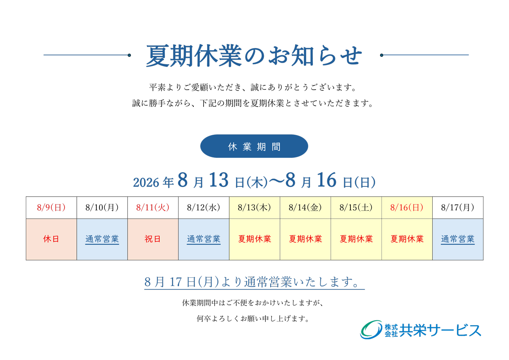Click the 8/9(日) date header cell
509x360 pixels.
(51, 208)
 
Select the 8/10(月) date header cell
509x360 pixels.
(102, 208)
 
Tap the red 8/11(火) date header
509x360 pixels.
(153, 208)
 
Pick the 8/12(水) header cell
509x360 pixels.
(204, 208)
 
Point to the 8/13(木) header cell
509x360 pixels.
(254, 208)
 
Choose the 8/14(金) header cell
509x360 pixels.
(305, 208)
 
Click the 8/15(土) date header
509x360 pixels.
(356, 208)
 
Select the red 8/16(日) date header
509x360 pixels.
(407, 208)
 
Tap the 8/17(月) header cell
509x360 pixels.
(458, 208)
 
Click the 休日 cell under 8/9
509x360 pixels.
(51, 239)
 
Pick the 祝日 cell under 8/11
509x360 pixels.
(153, 239)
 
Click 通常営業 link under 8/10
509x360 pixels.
(102, 239)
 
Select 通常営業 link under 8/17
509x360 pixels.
(458, 239)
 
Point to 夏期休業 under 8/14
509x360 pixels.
(305, 239)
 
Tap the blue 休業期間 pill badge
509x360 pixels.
(254, 146)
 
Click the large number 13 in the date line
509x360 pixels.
(218, 180)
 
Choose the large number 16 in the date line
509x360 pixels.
(327, 180)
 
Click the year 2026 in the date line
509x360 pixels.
(146, 183)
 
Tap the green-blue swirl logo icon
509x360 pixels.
(371, 329)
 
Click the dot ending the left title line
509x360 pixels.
(129, 55)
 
